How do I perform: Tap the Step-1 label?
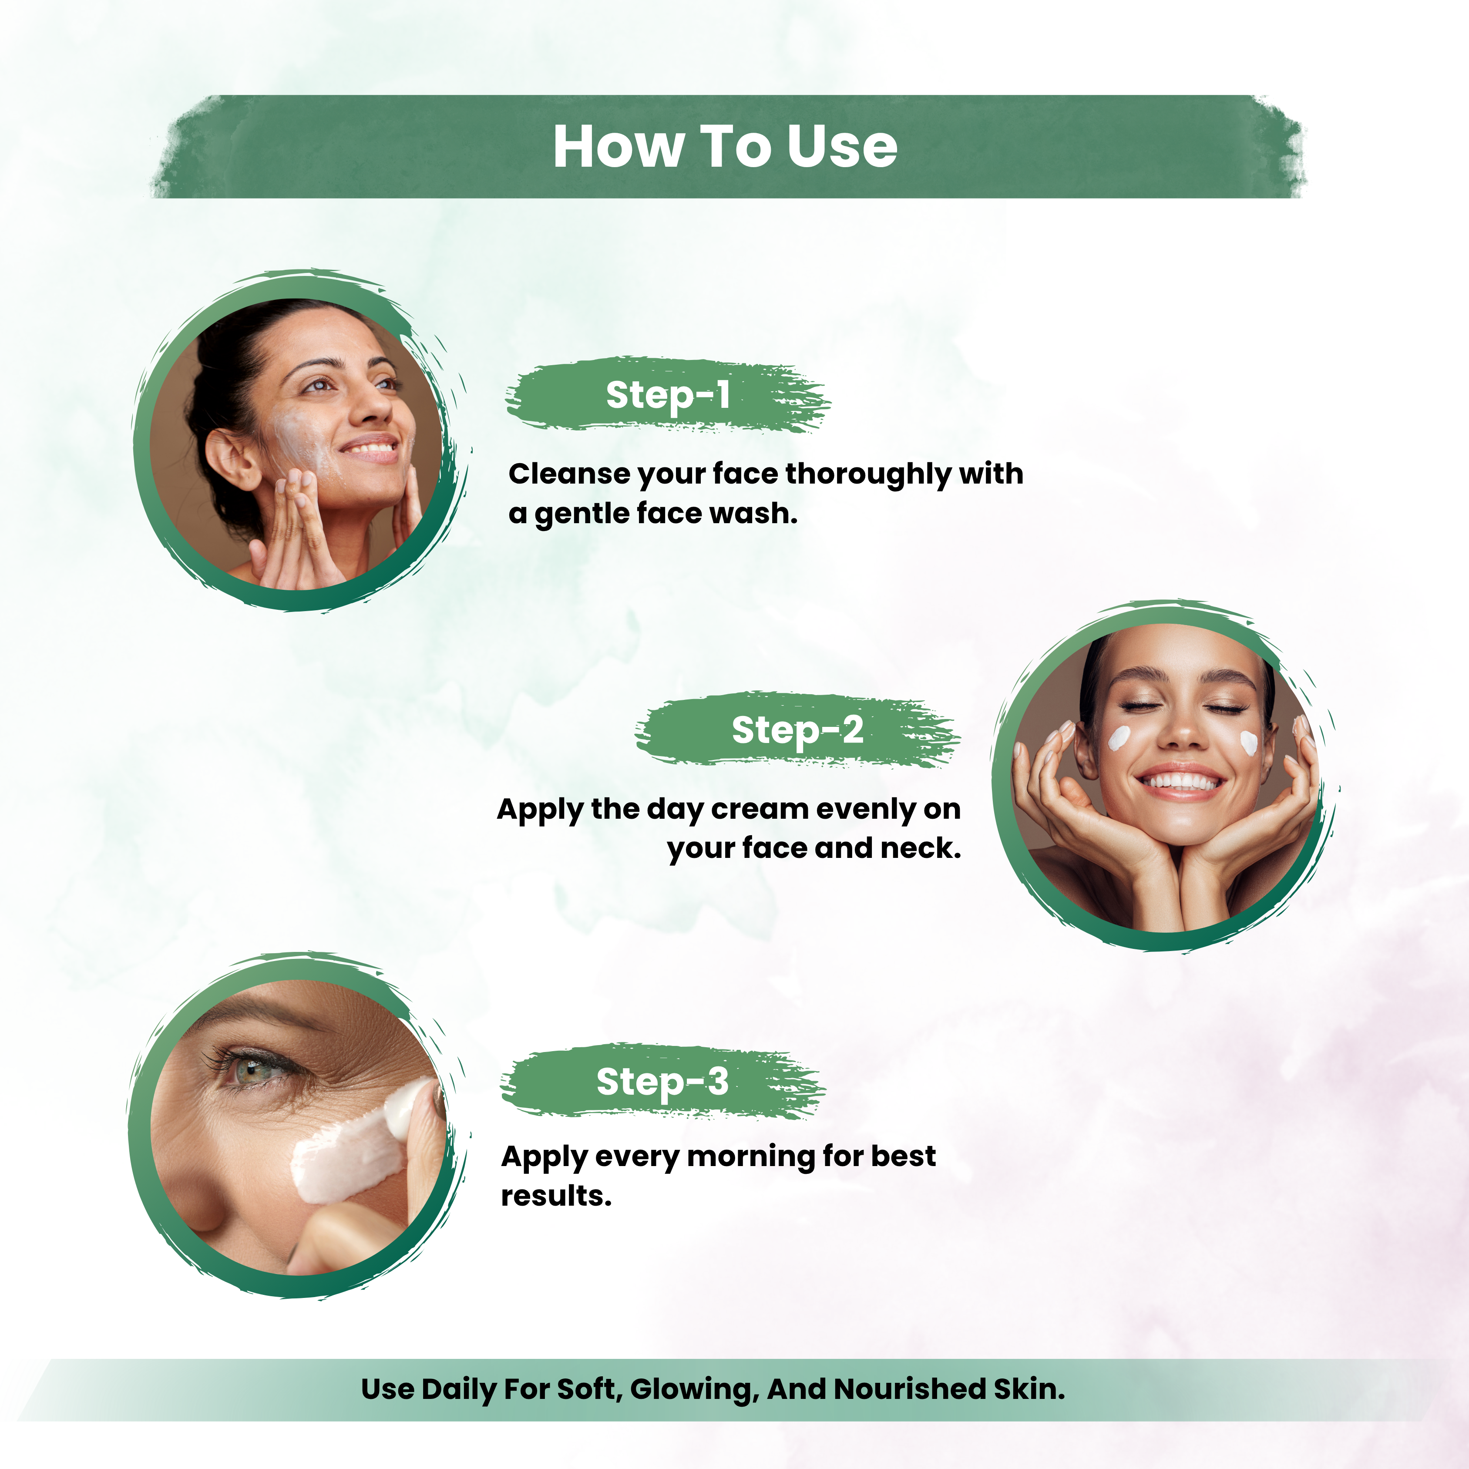pyautogui.click(x=668, y=395)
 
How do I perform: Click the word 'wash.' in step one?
pyautogui.click(x=753, y=514)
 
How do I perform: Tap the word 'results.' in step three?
pyautogui.click(x=556, y=1196)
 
